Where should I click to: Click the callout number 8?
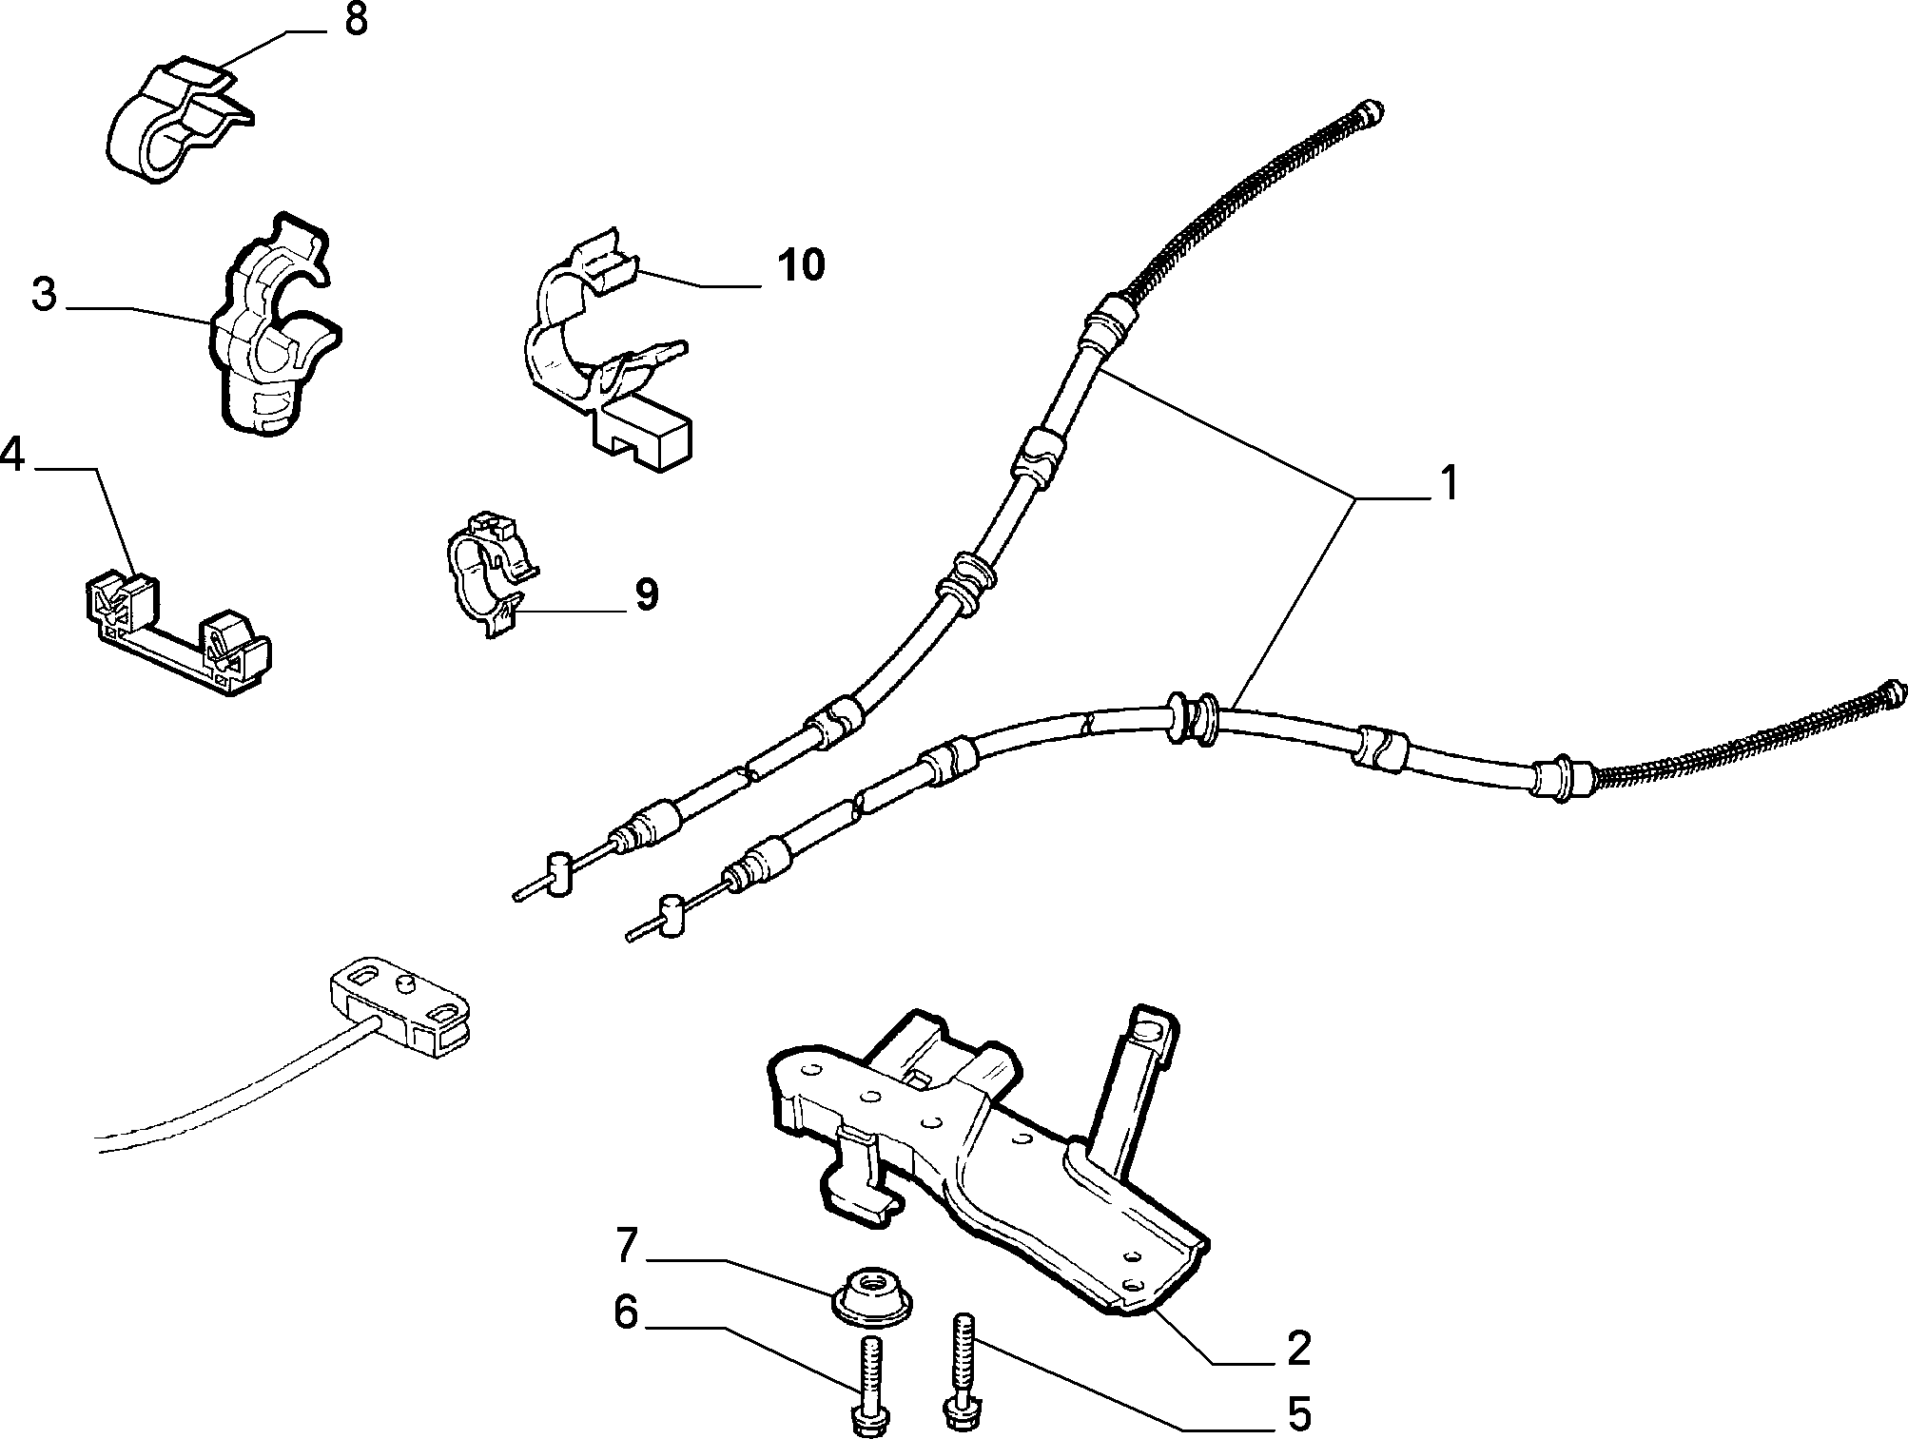click(x=356, y=20)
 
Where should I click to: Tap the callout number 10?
click(x=801, y=264)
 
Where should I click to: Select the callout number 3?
click(x=44, y=295)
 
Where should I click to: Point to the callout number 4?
click(x=11, y=455)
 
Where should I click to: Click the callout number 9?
click(x=646, y=595)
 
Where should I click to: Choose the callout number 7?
click(x=625, y=1247)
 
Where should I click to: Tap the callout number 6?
click(x=625, y=1313)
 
